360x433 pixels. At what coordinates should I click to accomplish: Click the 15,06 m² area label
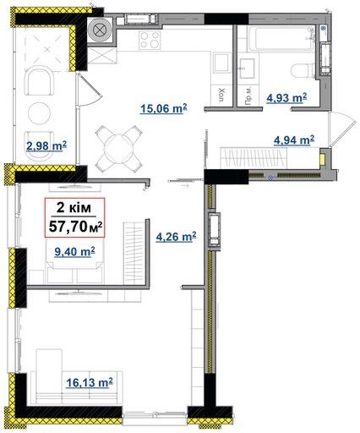click(163, 108)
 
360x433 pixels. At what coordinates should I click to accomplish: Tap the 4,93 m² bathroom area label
click(286, 98)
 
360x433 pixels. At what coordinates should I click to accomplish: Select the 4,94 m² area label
click(294, 140)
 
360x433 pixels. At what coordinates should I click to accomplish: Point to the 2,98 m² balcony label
click(46, 146)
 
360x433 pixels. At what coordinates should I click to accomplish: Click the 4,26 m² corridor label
click(176, 237)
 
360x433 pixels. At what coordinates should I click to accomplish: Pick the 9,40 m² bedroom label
click(74, 252)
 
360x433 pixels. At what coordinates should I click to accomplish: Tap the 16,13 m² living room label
click(90, 382)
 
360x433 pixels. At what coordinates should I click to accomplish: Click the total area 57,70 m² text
click(75, 227)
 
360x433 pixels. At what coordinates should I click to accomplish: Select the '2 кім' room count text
click(74, 208)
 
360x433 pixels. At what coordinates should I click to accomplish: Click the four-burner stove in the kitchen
click(150, 40)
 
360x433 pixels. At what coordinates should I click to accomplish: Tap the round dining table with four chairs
click(118, 148)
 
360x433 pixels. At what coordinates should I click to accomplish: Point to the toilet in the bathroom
click(303, 70)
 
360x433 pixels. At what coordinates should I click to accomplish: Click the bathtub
click(281, 39)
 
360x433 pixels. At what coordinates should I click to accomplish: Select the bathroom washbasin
click(248, 69)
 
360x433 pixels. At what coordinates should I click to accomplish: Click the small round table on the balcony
click(40, 113)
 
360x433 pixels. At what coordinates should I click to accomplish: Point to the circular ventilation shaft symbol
click(99, 30)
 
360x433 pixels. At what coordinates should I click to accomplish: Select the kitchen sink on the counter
click(221, 63)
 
